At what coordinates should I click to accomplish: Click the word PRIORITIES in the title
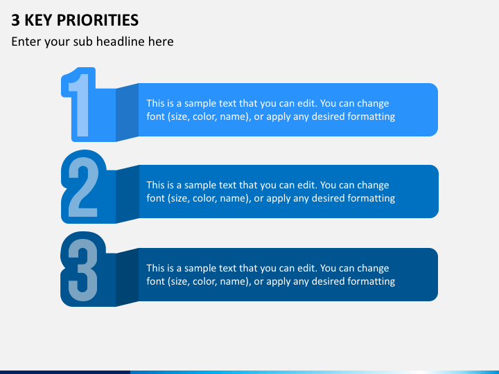(98, 20)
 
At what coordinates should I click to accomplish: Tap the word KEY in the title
(38, 20)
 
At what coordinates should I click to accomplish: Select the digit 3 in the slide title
(15, 20)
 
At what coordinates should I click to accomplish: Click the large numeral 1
(80, 105)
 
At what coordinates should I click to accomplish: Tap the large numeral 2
(83, 187)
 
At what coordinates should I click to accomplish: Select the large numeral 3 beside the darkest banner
(83, 270)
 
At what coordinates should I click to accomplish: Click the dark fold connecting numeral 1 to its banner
(127, 112)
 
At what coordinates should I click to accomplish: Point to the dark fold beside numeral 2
(128, 194)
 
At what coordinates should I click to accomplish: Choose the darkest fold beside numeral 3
(127, 277)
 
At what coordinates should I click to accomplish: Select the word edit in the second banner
(307, 185)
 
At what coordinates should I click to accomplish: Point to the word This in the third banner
(154, 268)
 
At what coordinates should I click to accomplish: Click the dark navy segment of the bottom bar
(65, 372)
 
